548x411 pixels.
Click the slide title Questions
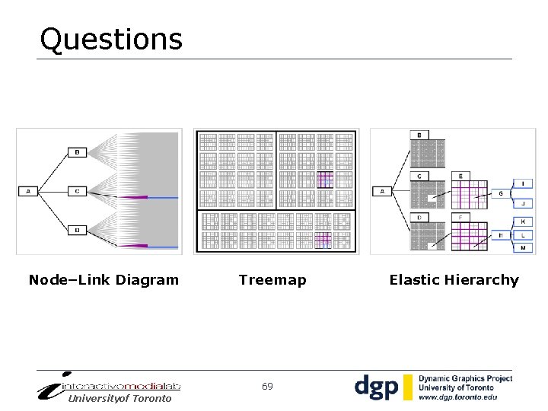[111, 39]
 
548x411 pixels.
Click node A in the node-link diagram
[28, 191]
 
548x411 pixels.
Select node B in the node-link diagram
[77, 152]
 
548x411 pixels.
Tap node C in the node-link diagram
[77, 191]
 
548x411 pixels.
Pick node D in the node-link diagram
[77, 230]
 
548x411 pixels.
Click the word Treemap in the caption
[272, 280]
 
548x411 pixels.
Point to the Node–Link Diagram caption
[104, 280]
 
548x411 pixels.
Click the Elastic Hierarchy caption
[454, 280]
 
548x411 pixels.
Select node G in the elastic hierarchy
[500, 194]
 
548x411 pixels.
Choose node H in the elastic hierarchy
[500, 235]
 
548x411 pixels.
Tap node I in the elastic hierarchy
[522, 183]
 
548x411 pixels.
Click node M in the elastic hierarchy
[522, 248]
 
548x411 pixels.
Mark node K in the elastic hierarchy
[522, 221]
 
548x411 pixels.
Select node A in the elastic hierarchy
[382, 191]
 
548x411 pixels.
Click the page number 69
[267, 387]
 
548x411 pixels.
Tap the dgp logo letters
[377, 387]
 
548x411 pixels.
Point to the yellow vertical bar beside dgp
[408, 387]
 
